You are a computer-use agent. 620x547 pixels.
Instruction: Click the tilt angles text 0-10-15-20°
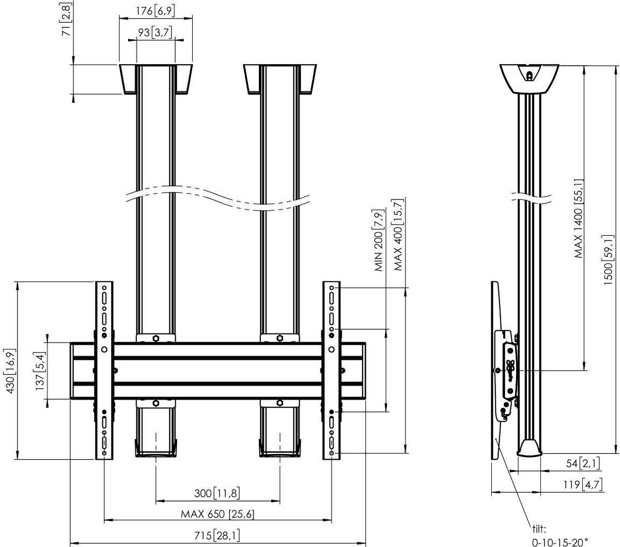point(560,542)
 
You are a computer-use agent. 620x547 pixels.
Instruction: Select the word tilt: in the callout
point(539,528)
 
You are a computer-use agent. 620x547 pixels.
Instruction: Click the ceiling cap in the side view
point(529,79)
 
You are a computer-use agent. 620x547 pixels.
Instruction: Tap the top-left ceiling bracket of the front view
point(156,79)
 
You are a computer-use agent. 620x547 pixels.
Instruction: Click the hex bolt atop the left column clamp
point(156,338)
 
